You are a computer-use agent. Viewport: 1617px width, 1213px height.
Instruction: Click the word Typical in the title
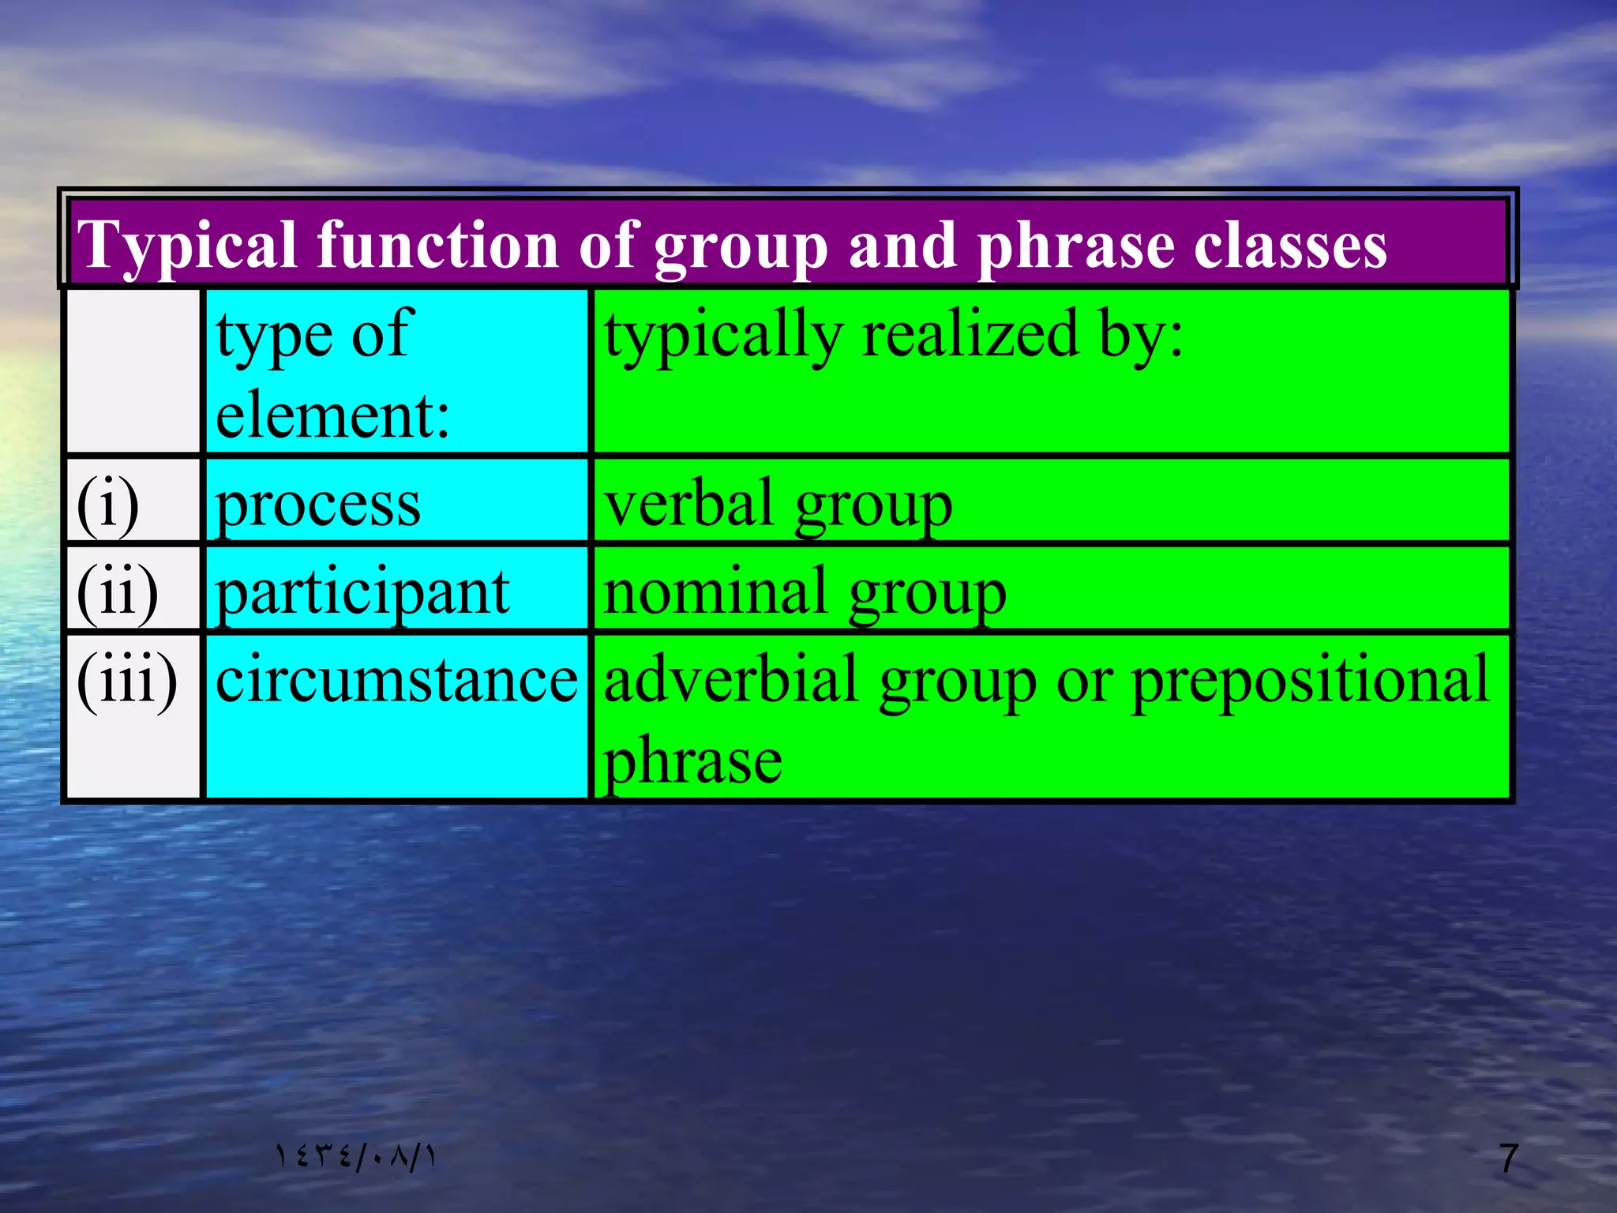pos(187,246)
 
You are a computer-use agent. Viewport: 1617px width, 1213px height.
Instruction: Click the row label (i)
pos(107,505)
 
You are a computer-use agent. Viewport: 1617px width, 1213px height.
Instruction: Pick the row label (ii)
pos(117,592)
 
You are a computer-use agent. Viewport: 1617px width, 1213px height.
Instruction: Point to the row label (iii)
pos(126,680)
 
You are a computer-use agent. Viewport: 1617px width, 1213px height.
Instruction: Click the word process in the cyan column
pos(317,505)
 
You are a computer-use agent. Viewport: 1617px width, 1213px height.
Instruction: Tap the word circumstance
pos(396,680)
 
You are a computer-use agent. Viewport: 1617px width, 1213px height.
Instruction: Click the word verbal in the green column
pos(688,505)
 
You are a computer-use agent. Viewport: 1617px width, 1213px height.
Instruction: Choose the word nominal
pos(715,592)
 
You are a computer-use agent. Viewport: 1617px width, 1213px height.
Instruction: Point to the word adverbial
pos(730,680)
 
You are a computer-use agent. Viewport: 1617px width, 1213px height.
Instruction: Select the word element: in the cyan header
pos(332,415)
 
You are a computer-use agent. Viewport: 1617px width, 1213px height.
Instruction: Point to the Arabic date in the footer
pos(355,1158)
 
